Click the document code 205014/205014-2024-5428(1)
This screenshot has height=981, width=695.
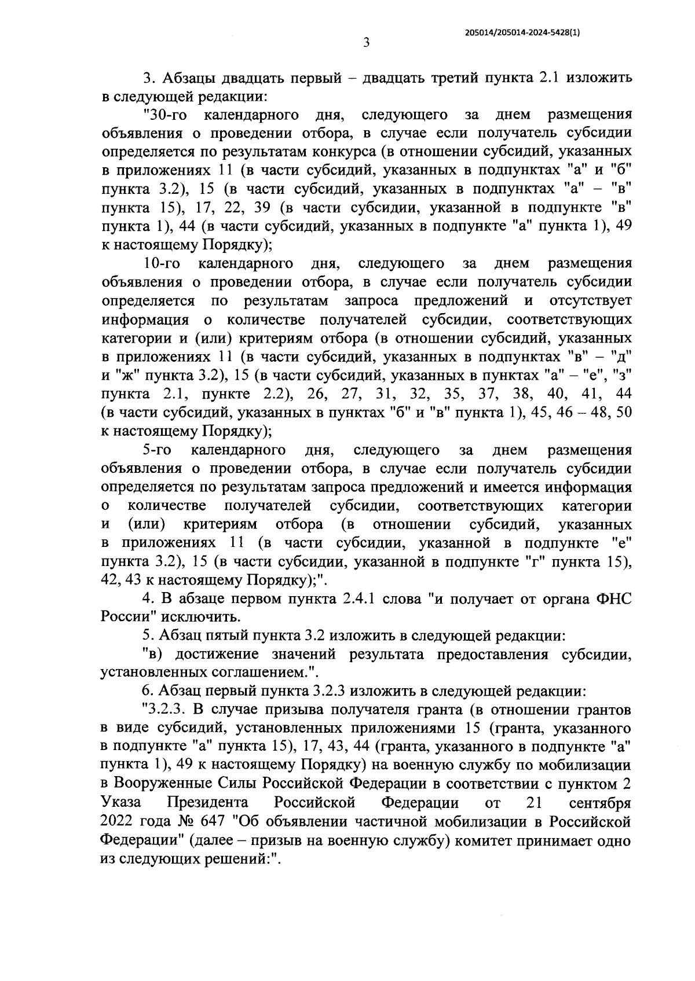click(x=522, y=33)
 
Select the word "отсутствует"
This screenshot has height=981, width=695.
click(x=591, y=301)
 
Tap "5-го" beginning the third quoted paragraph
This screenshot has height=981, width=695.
click(x=156, y=450)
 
